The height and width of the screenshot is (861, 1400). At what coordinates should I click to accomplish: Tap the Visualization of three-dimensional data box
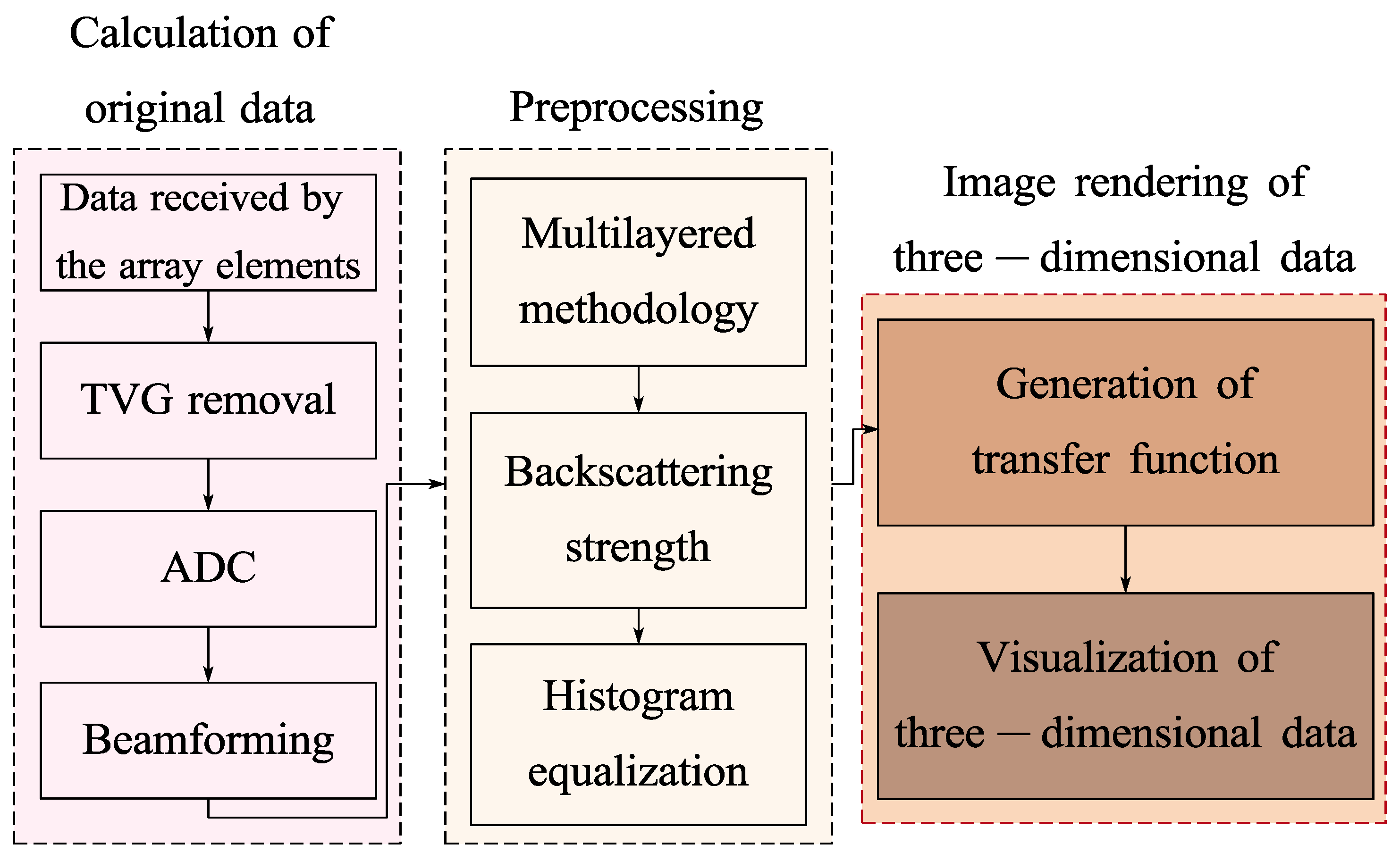click(x=1125, y=696)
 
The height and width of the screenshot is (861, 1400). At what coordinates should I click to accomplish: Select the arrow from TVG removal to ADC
click(x=209, y=485)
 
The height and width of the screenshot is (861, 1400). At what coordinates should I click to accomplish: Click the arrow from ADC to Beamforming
click(x=209, y=654)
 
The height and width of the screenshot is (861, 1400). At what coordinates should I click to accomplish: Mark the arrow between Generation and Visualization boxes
click(x=1125, y=559)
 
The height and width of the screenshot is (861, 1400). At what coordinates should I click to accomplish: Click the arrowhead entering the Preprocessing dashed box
click(x=437, y=485)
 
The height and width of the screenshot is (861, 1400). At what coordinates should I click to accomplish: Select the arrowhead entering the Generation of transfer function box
click(x=870, y=429)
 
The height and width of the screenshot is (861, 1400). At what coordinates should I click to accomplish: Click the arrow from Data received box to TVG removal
click(x=209, y=317)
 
